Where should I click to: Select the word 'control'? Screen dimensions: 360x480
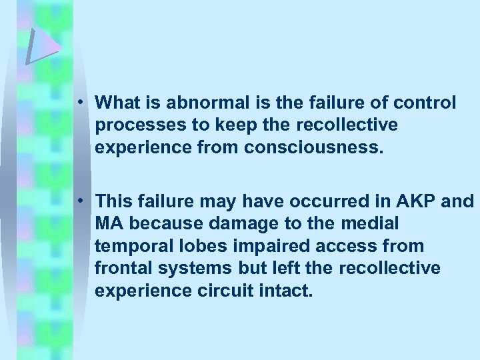tap(425, 103)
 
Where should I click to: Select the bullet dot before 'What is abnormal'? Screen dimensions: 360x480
tap(79, 103)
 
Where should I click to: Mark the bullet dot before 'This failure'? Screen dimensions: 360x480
tap(79, 200)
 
